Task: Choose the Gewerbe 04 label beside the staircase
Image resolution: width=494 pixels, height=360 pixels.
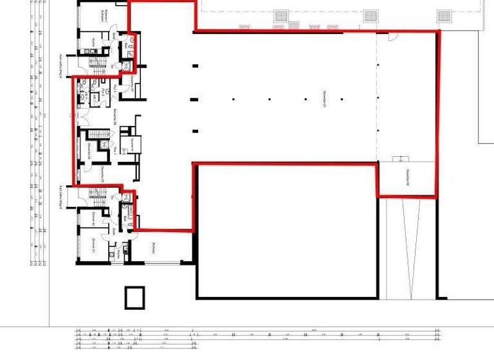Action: pos(88,149)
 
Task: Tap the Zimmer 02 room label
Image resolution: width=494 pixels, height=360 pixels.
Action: pos(93,221)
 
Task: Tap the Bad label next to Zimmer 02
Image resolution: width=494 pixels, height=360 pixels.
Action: pos(114,230)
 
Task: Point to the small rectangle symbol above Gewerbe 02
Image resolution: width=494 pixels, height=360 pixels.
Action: pos(401,157)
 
